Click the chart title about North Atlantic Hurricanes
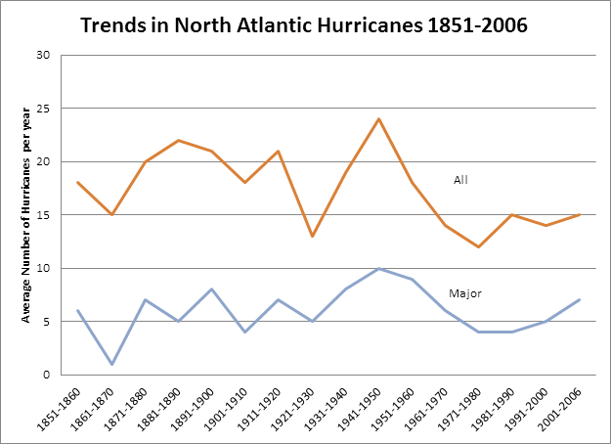click(x=304, y=24)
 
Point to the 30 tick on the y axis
click(x=43, y=55)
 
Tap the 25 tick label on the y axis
click(x=43, y=109)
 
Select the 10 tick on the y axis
click(x=43, y=268)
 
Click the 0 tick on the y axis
click(x=46, y=375)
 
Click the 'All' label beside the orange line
click(x=461, y=180)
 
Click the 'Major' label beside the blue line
click(x=464, y=292)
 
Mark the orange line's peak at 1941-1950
click(x=378, y=119)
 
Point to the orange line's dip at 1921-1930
click(x=313, y=236)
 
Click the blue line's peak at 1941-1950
click(x=378, y=268)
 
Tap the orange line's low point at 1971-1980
click(x=477, y=246)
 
